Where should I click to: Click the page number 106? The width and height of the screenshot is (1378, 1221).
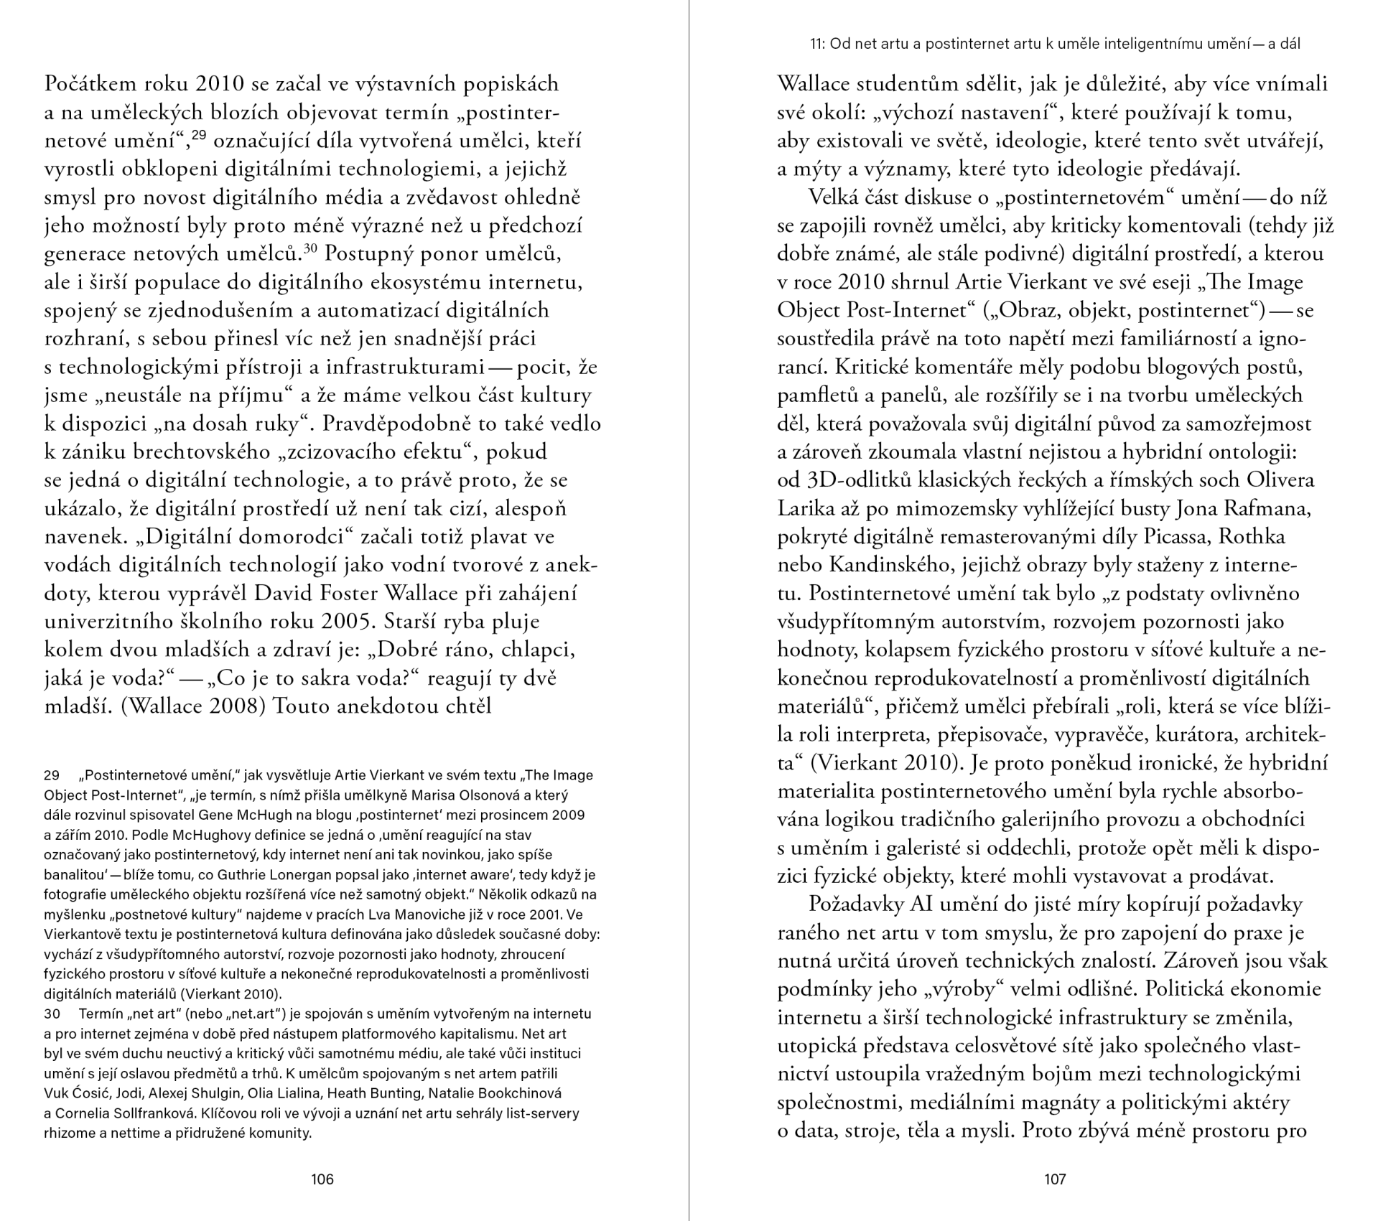(x=322, y=1179)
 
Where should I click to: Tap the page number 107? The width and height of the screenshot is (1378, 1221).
(x=1055, y=1179)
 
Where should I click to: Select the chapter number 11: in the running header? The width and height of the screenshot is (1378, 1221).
(x=817, y=44)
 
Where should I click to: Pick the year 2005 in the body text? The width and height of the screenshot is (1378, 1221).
(x=350, y=622)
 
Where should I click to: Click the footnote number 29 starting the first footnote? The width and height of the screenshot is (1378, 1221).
(x=52, y=775)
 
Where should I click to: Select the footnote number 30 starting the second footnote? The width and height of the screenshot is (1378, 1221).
(x=52, y=1014)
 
